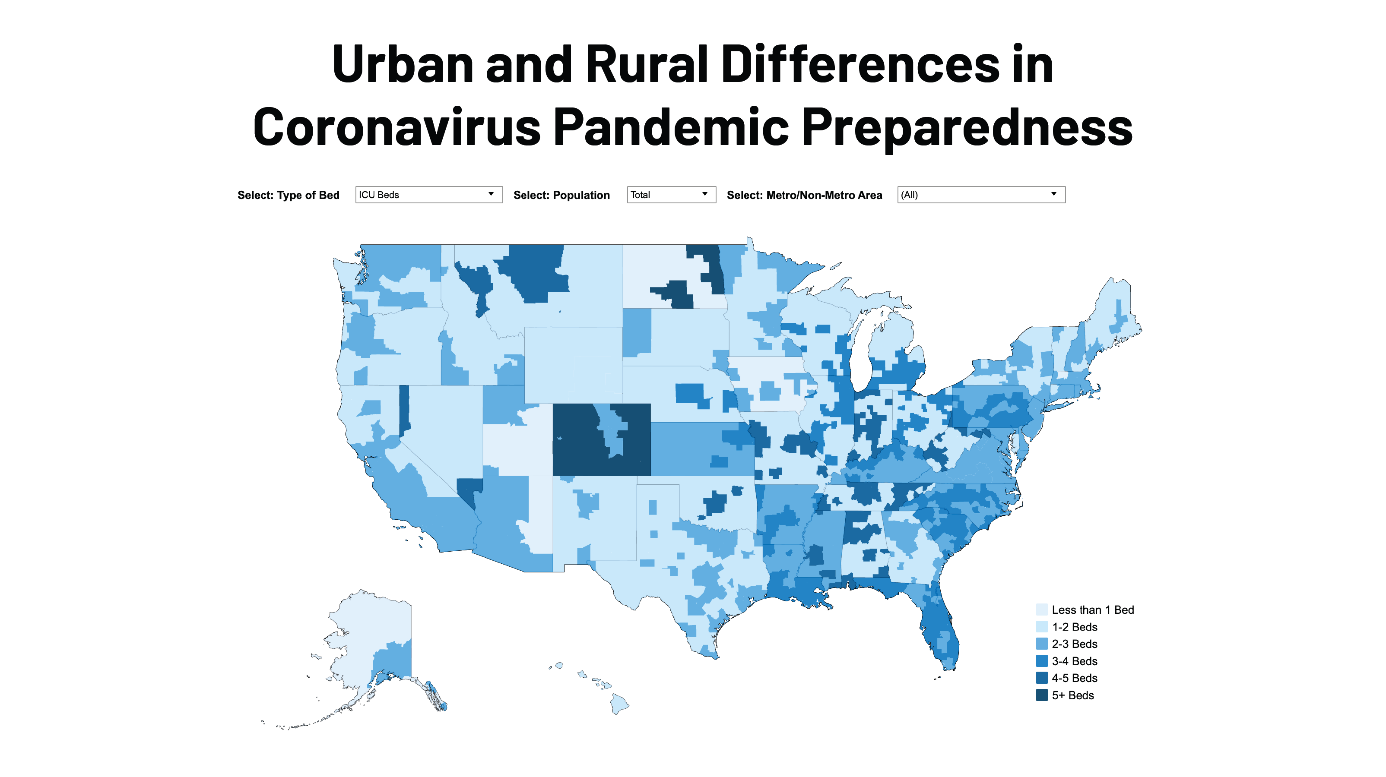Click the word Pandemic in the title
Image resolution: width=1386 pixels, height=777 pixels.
tap(670, 127)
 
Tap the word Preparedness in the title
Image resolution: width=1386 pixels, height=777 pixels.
tap(967, 127)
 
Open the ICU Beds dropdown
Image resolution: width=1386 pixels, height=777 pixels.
tap(428, 195)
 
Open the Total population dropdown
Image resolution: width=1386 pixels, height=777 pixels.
tap(671, 195)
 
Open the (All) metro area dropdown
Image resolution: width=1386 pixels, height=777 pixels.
tap(980, 195)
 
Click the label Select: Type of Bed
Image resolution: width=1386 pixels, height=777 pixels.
tap(289, 195)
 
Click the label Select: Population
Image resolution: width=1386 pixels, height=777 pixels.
tap(561, 195)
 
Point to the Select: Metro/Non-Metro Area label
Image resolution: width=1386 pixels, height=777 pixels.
tap(804, 195)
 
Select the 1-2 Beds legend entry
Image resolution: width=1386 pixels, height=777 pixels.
tap(1074, 627)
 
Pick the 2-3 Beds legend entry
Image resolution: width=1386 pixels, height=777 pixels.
tap(1074, 644)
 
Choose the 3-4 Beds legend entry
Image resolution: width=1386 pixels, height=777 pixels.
tap(1074, 661)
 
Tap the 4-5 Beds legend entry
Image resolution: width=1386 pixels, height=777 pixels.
tap(1074, 678)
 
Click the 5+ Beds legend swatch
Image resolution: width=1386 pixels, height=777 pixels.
tap(1042, 695)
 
